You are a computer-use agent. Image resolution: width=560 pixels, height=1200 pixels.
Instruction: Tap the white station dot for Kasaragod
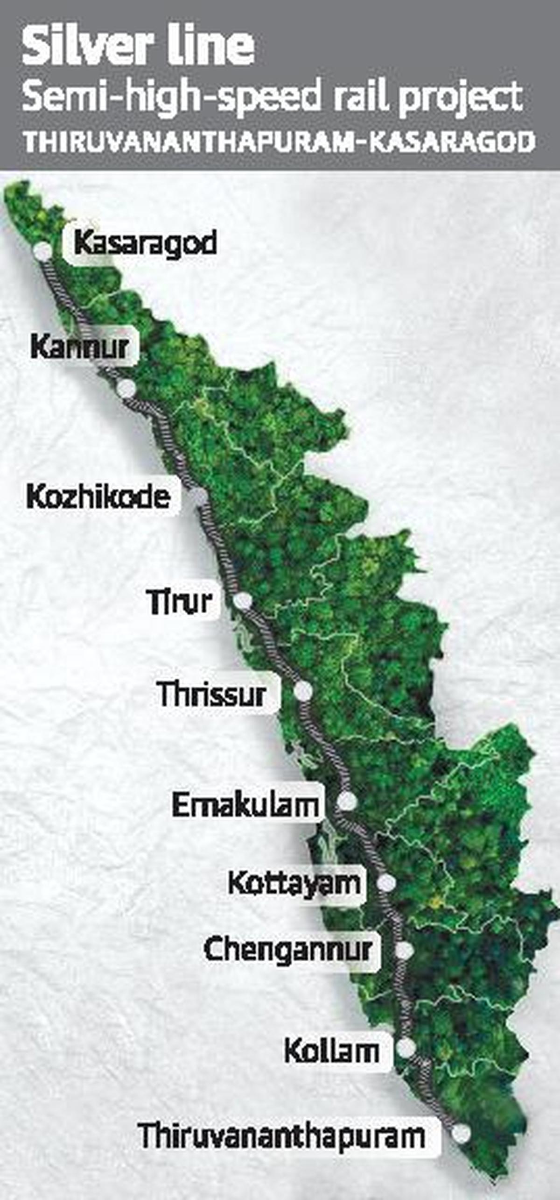(43, 251)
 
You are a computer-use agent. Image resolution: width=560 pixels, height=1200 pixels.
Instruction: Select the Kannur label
(80, 348)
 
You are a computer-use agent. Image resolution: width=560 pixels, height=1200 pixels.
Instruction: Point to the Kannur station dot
(126, 389)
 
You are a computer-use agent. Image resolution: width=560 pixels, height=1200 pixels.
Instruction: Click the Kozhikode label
(98, 497)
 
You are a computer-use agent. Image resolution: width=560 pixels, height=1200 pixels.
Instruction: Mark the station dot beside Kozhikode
(199, 496)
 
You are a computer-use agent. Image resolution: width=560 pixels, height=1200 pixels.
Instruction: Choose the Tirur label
(179, 601)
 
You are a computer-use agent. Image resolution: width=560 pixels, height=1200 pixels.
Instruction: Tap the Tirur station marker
(243, 601)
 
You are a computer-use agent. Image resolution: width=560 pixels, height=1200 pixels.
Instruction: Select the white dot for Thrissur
(303, 691)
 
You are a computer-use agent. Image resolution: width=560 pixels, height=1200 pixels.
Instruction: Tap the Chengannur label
(288, 950)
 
